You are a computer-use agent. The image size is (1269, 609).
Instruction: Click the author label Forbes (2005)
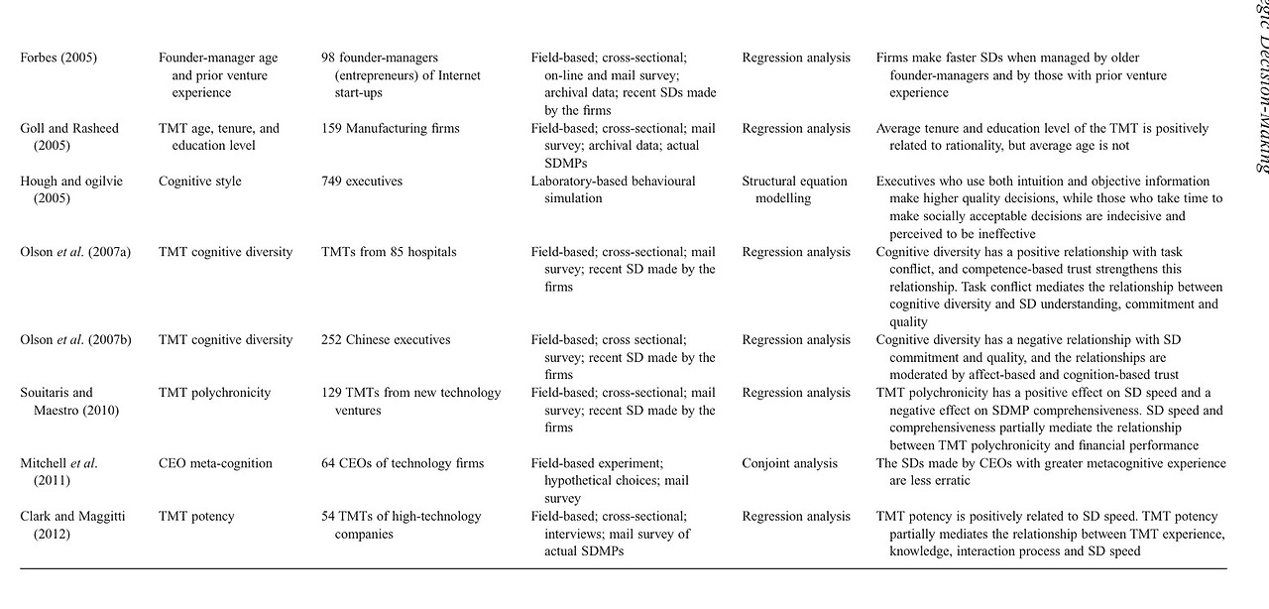[58, 58]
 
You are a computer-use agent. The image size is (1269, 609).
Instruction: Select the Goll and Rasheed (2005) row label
[70, 137]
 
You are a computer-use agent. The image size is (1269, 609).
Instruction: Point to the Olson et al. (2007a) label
[75, 252]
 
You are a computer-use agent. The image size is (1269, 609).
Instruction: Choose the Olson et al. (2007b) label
[75, 340]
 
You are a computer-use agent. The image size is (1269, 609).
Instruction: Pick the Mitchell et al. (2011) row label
[58, 472]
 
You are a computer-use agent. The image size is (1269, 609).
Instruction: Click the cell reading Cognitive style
[200, 182]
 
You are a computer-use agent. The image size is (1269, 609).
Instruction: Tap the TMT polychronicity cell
[214, 393]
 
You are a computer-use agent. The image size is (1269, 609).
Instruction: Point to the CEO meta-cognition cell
[216, 463]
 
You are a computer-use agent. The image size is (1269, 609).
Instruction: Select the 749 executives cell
[365, 182]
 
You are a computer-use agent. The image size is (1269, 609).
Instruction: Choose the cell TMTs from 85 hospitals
[389, 252]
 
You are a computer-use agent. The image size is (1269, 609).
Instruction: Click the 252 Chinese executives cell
[386, 340]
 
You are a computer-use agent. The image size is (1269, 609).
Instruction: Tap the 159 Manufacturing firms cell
[391, 128]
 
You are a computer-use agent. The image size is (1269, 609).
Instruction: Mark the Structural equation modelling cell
[794, 189]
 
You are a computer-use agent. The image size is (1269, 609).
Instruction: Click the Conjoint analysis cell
[789, 463]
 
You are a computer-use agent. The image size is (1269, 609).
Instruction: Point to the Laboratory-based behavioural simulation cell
[613, 189]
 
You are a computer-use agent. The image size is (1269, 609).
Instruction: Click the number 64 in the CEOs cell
[329, 463]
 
